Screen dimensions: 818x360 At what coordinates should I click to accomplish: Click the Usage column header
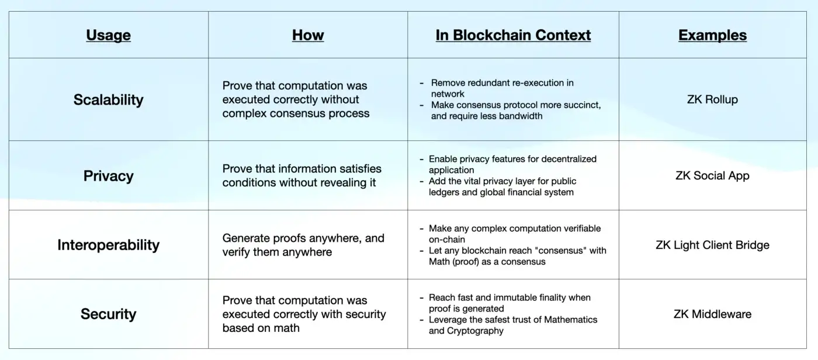(x=108, y=35)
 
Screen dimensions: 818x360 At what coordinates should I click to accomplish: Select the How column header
(x=308, y=35)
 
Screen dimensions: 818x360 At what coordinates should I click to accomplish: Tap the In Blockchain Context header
(x=513, y=35)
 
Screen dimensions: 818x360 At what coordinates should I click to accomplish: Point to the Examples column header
(x=712, y=35)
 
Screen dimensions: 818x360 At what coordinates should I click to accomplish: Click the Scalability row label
(x=108, y=100)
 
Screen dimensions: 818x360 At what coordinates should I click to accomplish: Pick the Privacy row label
(x=108, y=176)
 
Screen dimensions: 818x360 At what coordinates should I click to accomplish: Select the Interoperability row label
(x=108, y=245)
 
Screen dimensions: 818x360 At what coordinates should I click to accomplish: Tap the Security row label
(x=108, y=314)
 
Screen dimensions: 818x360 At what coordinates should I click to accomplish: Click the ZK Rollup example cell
(x=712, y=100)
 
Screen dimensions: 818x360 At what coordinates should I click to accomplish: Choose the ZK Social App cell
(x=712, y=176)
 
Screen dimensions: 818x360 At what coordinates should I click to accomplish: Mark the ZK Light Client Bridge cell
(x=712, y=245)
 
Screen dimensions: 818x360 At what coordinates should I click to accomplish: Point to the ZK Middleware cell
(x=712, y=314)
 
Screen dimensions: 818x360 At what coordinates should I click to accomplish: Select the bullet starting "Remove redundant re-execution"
(x=502, y=88)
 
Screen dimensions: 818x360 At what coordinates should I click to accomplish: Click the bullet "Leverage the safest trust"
(x=512, y=325)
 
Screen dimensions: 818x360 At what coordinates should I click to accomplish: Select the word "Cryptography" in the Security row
(x=474, y=331)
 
